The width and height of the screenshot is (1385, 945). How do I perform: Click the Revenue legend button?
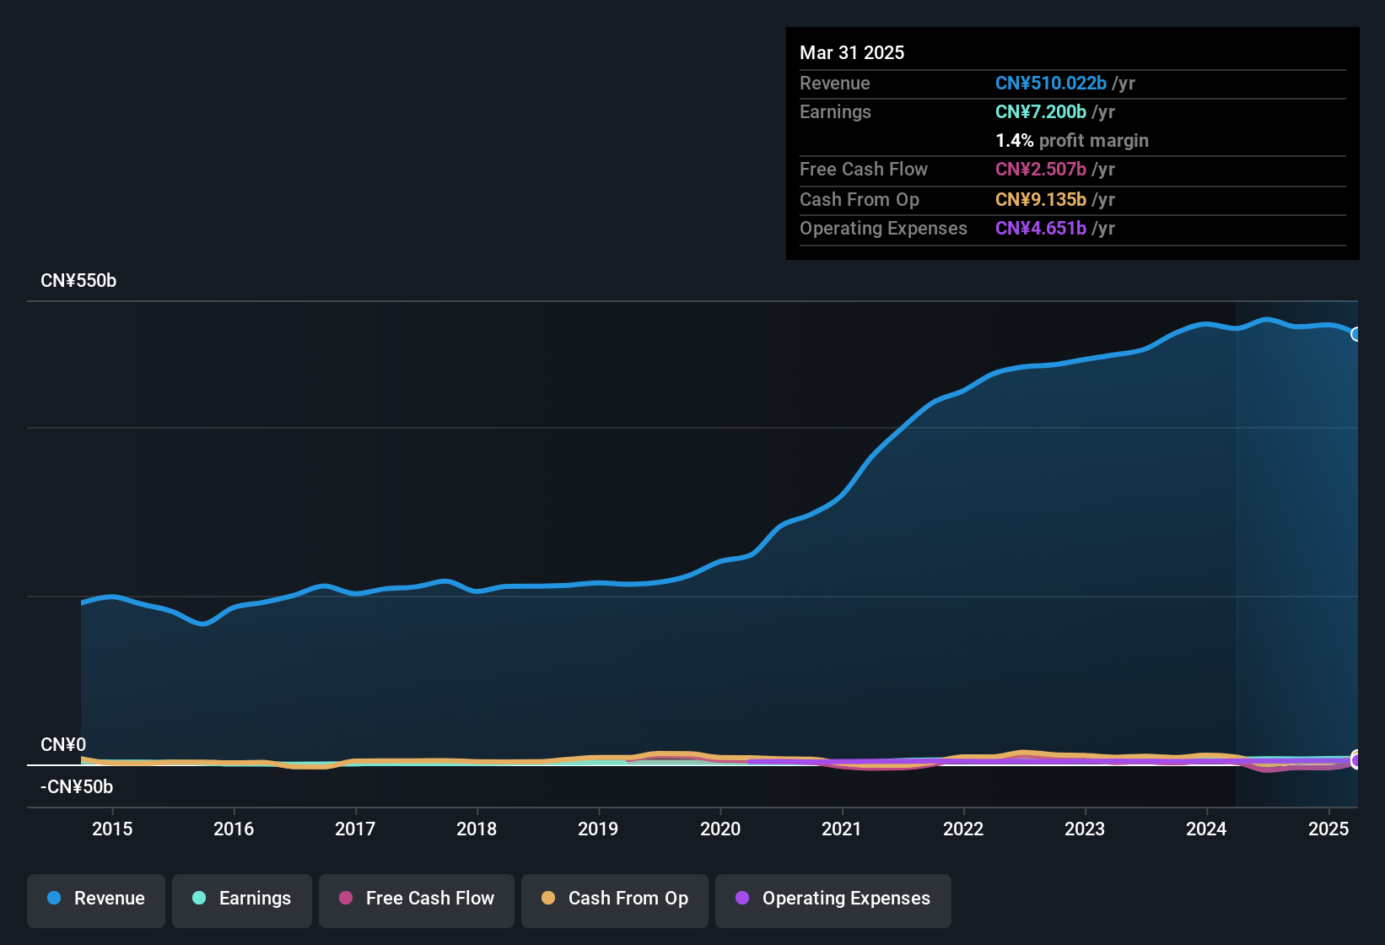[96, 899]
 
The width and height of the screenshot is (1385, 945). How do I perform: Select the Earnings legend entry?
[242, 899]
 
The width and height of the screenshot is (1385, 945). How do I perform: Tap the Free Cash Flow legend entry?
[417, 899]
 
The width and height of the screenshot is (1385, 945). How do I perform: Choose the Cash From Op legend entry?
[615, 899]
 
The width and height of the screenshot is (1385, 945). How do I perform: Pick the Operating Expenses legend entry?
[833, 899]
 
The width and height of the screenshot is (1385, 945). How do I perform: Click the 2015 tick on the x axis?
[112, 829]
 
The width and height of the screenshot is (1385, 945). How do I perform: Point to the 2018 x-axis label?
[477, 829]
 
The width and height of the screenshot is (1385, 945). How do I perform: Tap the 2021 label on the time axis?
[842, 829]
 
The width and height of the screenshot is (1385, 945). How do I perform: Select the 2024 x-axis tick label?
[1206, 829]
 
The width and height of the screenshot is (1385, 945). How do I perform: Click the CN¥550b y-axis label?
[78, 281]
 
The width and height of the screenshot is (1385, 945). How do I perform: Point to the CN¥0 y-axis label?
[63, 745]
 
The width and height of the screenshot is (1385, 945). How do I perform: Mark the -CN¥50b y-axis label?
[77, 787]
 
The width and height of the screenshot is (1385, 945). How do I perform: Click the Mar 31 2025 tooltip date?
[852, 53]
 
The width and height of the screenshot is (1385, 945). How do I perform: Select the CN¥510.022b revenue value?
[1050, 84]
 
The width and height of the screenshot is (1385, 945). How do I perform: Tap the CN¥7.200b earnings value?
[1040, 112]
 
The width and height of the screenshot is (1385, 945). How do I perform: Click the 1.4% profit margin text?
[1071, 141]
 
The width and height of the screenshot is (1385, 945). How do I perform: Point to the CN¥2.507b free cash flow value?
[1040, 170]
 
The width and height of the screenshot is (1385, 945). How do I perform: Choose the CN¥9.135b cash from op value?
[1040, 200]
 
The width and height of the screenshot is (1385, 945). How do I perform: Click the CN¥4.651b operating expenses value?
[1040, 229]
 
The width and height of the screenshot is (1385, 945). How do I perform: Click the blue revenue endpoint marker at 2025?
[1356, 334]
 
